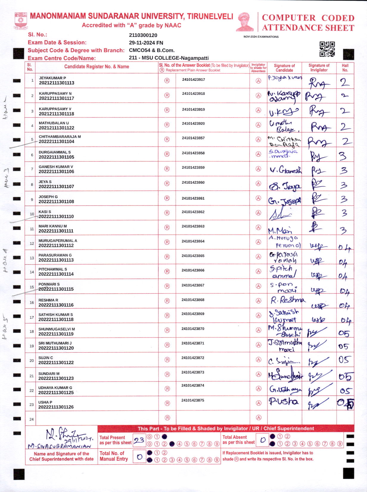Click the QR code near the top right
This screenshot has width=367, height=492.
coord(327,49)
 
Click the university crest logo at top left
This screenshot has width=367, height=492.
coord(21,21)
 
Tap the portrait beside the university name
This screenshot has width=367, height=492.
coord(245,22)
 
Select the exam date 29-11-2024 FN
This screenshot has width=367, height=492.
coord(146,43)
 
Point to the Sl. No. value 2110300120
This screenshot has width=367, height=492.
coord(143,35)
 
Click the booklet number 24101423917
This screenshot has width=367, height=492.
coord(194,80)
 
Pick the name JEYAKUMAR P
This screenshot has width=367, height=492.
coord(52,78)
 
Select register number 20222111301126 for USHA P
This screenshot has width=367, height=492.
coord(56,407)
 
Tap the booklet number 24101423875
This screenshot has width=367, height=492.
coord(193,400)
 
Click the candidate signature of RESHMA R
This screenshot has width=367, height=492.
coord(287,300)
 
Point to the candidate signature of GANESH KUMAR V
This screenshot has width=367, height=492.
coord(285,170)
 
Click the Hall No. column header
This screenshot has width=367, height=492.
coord(345,68)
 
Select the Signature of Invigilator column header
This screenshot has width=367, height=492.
coord(319,68)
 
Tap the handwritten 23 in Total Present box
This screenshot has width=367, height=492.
coord(139,440)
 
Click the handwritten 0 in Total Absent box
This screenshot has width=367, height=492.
coord(263,440)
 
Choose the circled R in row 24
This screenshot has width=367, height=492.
coord(167,418)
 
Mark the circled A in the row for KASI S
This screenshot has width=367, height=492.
coord(259,213)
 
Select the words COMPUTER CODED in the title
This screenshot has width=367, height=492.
coord(308,18)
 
